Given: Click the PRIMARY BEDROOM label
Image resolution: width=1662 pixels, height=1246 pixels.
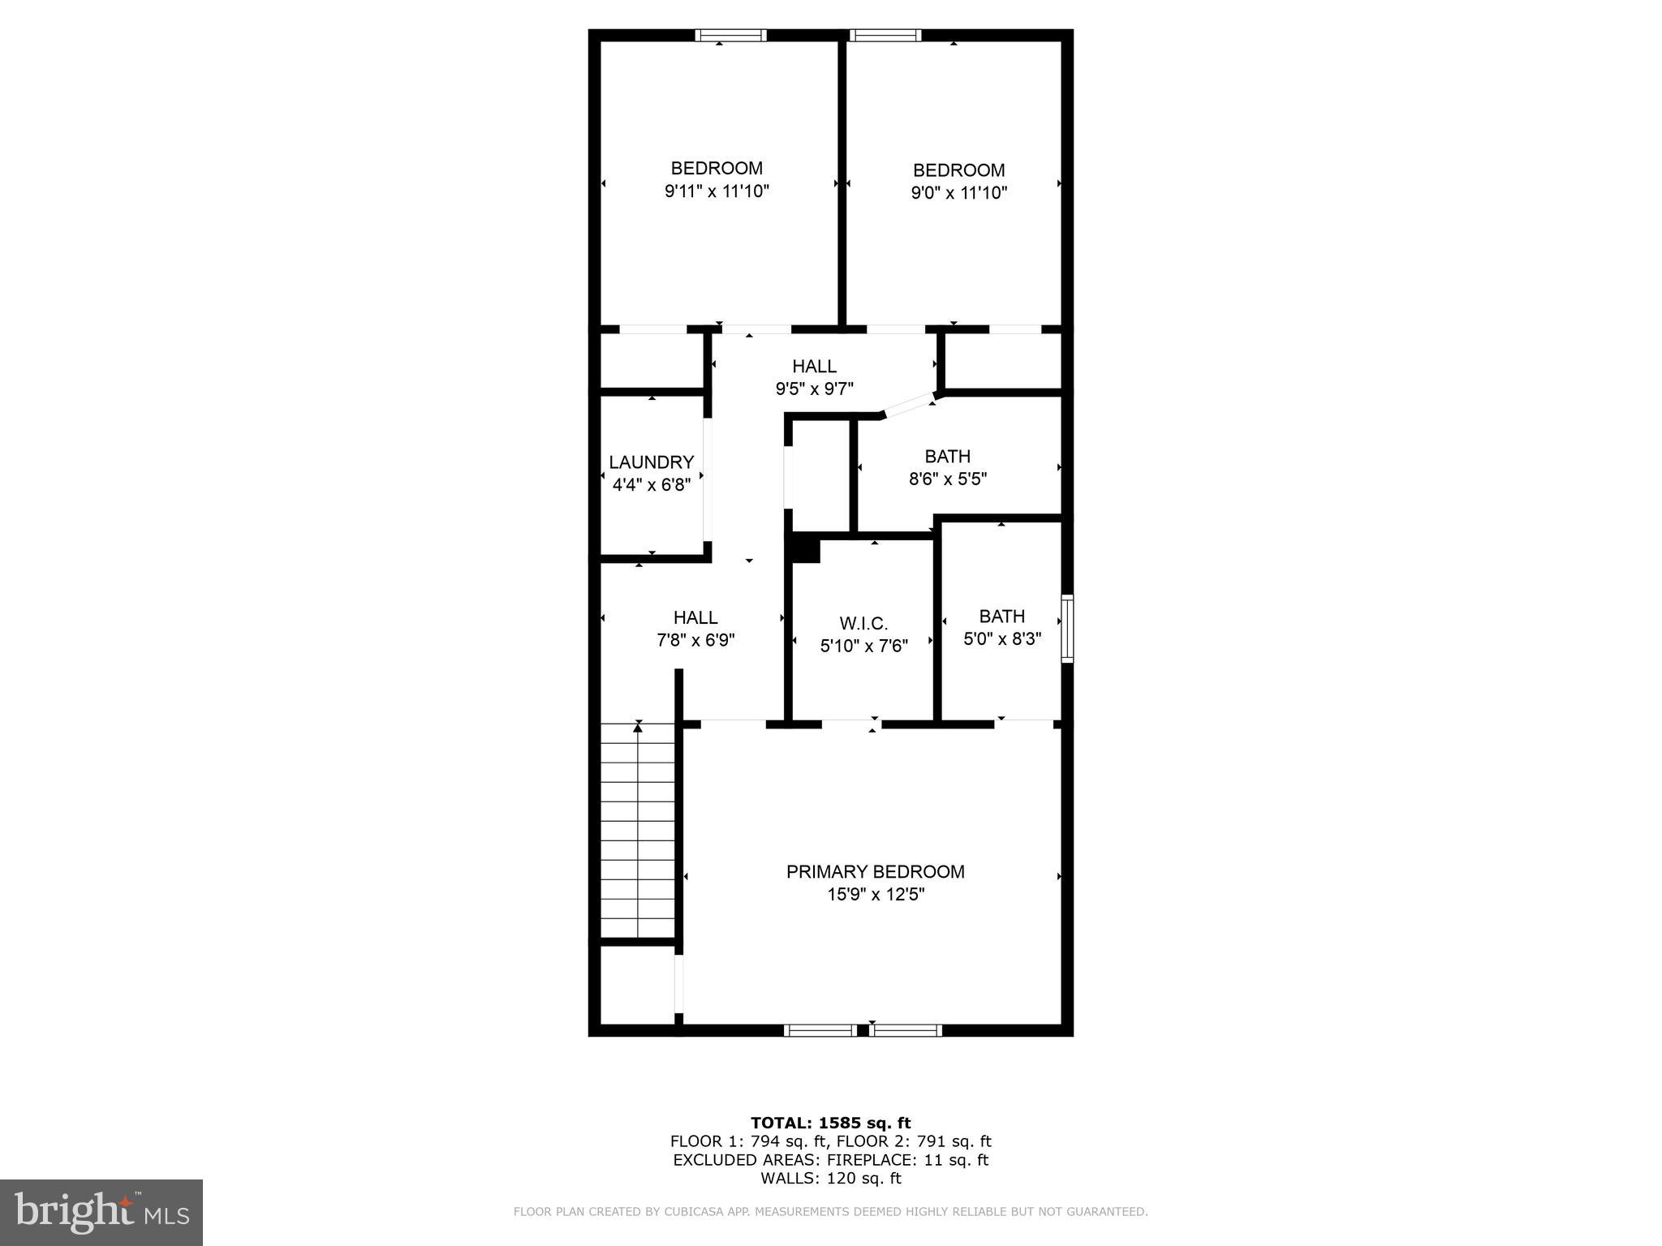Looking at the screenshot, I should pyautogui.click(x=875, y=871).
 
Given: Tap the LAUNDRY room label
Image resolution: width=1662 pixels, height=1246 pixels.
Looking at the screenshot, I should pyautogui.click(x=651, y=462).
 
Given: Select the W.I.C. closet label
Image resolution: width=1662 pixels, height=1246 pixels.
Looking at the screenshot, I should pyautogui.click(x=863, y=623).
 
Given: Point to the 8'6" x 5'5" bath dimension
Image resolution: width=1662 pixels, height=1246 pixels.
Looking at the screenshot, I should pyautogui.click(x=947, y=479).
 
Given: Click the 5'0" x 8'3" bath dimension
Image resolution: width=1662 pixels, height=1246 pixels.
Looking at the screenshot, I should pyautogui.click(x=1002, y=638).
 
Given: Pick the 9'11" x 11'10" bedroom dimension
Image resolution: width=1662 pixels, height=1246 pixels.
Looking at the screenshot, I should pyautogui.click(x=717, y=191).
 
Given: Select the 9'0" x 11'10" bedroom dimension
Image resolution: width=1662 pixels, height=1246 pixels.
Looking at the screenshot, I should pyautogui.click(x=958, y=193).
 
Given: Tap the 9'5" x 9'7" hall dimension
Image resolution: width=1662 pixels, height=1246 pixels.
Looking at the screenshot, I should pyautogui.click(x=814, y=389).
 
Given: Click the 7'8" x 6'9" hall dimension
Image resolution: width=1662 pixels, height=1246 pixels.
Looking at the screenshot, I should pyautogui.click(x=695, y=640).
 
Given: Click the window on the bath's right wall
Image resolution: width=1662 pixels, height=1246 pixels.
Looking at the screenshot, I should pyautogui.click(x=1067, y=629).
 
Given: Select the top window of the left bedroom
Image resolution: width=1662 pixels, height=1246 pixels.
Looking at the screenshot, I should pyautogui.click(x=730, y=35).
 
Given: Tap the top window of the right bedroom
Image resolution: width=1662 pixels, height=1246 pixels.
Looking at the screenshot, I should pyautogui.click(x=885, y=35).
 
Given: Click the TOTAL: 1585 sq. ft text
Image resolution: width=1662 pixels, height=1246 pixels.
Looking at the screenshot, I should pyautogui.click(x=830, y=1123).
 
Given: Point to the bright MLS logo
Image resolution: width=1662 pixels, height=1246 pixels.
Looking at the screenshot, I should pyautogui.click(x=101, y=1212).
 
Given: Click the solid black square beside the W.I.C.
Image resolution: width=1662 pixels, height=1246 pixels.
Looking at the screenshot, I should pyautogui.click(x=805, y=549).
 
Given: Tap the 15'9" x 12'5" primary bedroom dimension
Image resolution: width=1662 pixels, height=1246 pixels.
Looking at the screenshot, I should pyautogui.click(x=875, y=894).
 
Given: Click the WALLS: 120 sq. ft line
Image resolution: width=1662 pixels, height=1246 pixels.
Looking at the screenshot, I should pyautogui.click(x=830, y=1179).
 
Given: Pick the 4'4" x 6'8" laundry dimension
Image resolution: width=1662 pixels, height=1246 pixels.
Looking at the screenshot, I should pyautogui.click(x=651, y=485).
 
